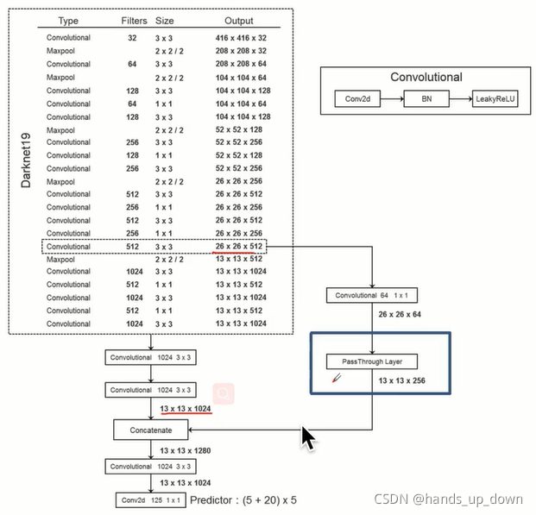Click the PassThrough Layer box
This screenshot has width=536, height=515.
click(372, 361)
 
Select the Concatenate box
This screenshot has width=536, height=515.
click(151, 430)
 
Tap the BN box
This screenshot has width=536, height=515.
click(426, 98)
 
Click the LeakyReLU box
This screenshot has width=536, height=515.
click(495, 98)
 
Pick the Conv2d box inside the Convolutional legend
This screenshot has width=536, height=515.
click(357, 98)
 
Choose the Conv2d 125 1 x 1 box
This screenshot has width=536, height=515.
click(151, 500)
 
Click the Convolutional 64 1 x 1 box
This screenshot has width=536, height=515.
click(372, 295)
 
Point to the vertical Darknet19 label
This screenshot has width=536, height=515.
click(26, 160)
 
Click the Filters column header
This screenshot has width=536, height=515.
click(134, 21)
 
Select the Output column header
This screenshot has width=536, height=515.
click(239, 21)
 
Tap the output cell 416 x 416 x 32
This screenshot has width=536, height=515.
click(241, 38)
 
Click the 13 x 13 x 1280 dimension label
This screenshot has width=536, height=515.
click(186, 451)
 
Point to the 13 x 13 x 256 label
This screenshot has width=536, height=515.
click(402, 380)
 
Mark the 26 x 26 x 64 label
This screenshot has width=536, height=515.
click(400, 314)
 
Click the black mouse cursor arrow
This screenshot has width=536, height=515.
click(309, 438)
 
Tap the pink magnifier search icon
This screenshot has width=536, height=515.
click(224, 393)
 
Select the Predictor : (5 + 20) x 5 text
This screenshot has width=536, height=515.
click(243, 500)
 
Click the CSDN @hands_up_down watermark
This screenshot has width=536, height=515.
click(449, 499)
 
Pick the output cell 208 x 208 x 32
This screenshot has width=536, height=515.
click(241, 51)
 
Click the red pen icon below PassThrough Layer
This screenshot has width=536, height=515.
click(337, 378)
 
